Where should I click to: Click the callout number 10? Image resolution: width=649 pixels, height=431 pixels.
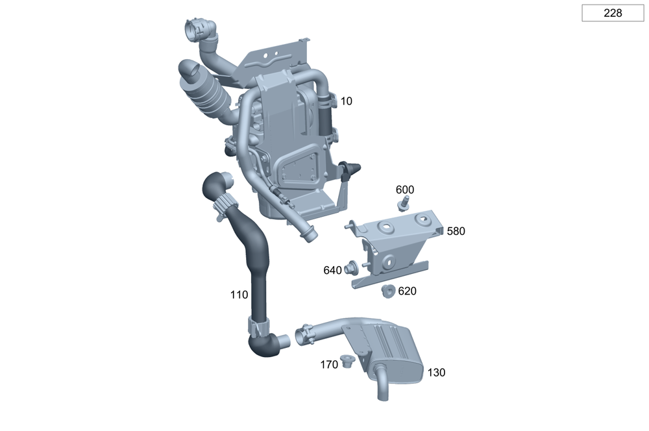click(x=346, y=101)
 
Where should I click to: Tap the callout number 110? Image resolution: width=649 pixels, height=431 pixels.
click(x=239, y=295)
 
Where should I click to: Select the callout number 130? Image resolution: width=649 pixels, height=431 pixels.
click(x=436, y=373)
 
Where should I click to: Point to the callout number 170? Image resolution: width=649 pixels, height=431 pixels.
click(x=329, y=365)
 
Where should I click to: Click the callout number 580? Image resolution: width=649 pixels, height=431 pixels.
click(x=456, y=231)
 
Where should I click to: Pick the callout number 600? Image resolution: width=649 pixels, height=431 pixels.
click(x=405, y=190)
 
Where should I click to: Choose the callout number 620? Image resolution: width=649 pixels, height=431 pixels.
click(x=408, y=291)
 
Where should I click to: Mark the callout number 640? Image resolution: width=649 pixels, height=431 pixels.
click(x=332, y=271)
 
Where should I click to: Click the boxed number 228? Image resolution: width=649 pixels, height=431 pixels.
click(x=613, y=13)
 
